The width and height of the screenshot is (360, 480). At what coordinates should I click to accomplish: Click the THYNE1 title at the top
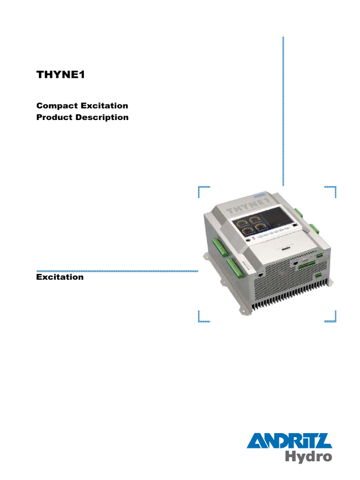point(61,75)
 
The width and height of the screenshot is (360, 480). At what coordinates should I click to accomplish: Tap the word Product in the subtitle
point(54,117)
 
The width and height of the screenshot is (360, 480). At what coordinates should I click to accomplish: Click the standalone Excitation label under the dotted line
point(60,277)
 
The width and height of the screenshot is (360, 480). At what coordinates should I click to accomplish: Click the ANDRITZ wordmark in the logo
point(289,442)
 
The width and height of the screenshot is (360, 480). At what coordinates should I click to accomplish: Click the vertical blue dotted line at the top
point(283,112)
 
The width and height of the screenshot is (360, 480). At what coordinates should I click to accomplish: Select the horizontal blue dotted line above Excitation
point(117,271)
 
